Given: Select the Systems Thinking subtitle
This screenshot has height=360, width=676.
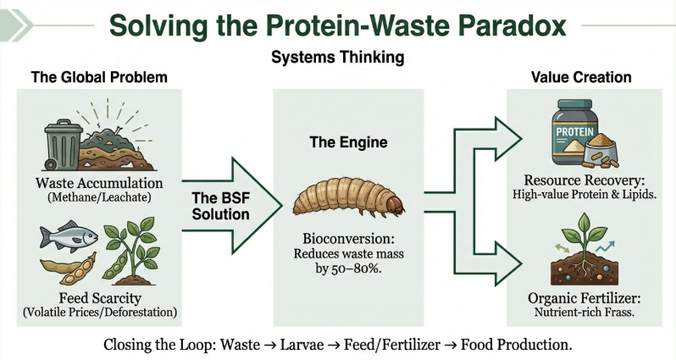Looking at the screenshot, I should tap(337, 58).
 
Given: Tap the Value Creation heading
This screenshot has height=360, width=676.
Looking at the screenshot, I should tap(581, 77).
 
